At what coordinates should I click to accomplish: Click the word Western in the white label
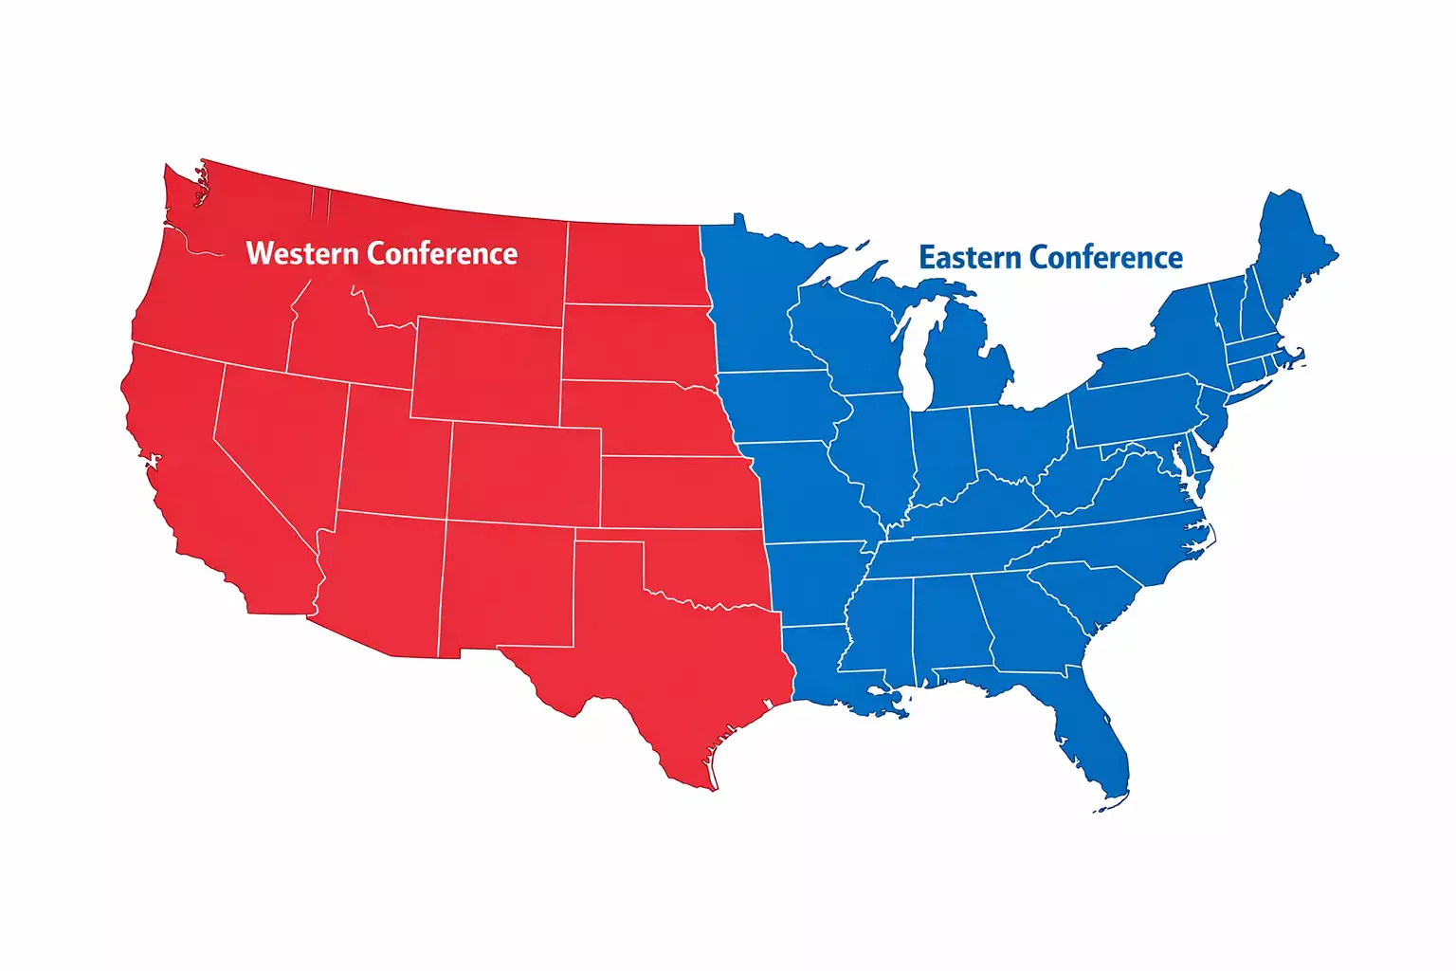302,254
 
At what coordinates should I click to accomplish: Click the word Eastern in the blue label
970,258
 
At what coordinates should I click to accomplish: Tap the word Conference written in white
442,254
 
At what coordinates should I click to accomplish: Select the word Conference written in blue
1105,258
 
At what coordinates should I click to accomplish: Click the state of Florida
1090,730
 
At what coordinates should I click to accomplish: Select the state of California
190,474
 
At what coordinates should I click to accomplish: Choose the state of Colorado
523,474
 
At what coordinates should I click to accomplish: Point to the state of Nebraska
645,417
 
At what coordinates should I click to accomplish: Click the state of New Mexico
506,588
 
